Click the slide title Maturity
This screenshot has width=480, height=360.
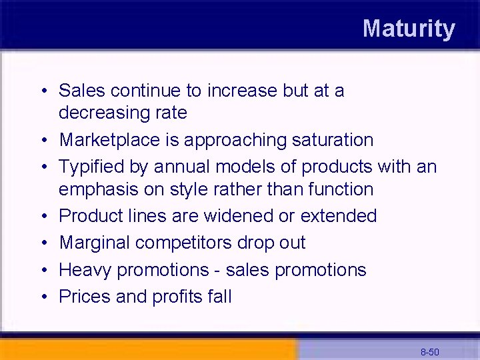[409, 29]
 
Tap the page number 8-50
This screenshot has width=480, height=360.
[429, 351]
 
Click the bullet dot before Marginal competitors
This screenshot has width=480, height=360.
[43, 243]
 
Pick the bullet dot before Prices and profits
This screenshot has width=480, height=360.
[43, 297]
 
